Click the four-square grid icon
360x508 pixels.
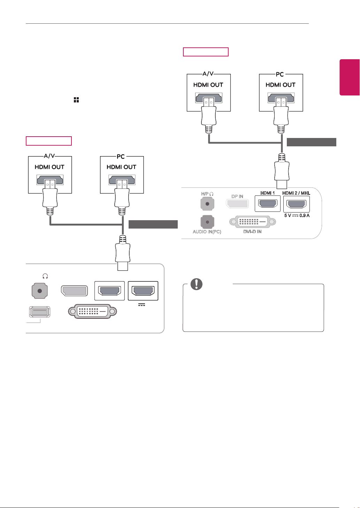pos(76,100)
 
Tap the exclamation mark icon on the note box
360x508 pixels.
pos(197,284)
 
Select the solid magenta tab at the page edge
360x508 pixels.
pos(350,77)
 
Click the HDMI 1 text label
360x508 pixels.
pos(267,193)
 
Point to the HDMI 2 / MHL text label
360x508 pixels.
pos(296,193)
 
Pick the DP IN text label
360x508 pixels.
pos(237,197)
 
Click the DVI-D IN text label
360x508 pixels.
pos(252,232)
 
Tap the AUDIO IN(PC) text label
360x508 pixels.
pos(207,232)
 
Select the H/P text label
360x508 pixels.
pos(205,194)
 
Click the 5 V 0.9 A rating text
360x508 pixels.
pos(297,215)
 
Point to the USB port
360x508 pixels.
pos(40,312)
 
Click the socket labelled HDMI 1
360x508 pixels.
pos(268,204)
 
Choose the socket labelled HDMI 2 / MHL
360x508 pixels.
pos(297,204)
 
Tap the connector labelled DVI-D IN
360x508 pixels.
pos(252,222)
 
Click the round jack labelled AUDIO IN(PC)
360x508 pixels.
pos(207,222)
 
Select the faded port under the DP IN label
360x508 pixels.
pos(237,204)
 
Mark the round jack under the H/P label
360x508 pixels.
pos(207,204)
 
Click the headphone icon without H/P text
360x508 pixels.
pos(45,276)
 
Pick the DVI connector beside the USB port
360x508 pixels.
pos(93,311)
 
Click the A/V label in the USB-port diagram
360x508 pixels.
pos(49,156)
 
